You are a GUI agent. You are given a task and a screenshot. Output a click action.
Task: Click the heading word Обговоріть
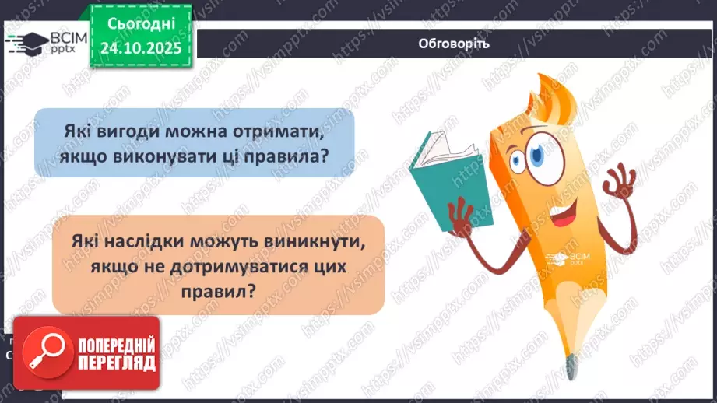[453, 43]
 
